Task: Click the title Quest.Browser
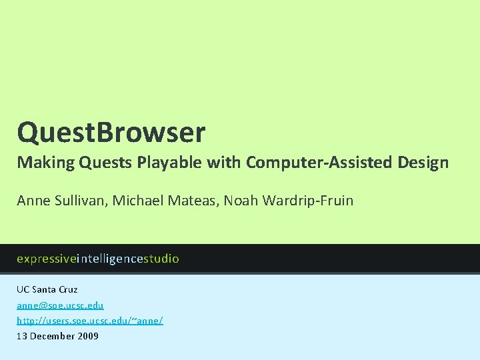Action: [111, 133]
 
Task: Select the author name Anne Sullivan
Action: [60, 200]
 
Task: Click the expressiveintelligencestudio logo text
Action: [98, 259]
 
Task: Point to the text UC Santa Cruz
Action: [47, 289]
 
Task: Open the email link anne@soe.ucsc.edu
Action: [60, 305]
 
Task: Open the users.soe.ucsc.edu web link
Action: [89, 320]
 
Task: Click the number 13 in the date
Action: [22, 336]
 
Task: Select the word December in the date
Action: [51, 336]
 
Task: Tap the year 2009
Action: [87, 336]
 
